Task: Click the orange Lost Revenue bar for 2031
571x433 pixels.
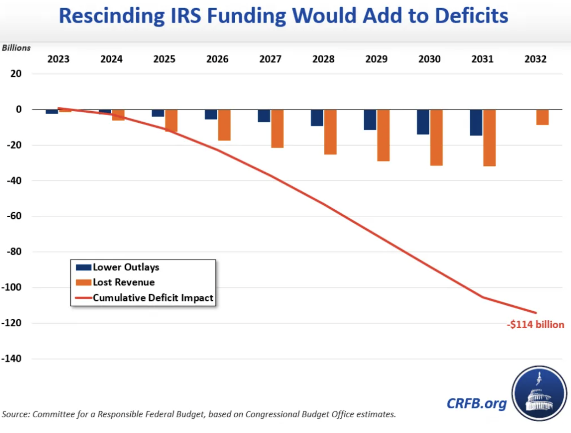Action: pyautogui.click(x=489, y=138)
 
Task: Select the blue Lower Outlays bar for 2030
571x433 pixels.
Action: pyautogui.click(x=423, y=122)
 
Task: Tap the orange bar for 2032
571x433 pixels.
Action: pyautogui.click(x=542, y=117)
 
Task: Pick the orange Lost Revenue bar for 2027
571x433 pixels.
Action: pyautogui.click(x=277, y=128)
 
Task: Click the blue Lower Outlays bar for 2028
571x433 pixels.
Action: pyautogui.click(x=317, y=118)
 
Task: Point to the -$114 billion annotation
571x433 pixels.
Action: pyautogui.click(x=535, y=325)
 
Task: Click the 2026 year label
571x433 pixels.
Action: pyautogui.click(x=217, y=59)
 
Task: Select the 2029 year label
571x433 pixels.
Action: pyautogui.click(x=377, y=59)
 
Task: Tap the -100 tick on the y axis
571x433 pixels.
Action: pyautogui.click(x=11, y=287)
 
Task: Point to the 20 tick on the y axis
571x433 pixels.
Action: pyautogui.click(x=16, y=74)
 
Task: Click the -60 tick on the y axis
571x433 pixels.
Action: pyautogui.click(x=14, y=216)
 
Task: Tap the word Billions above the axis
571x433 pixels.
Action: pyautogui.click(x=16, y=48)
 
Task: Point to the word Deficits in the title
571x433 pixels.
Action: pyautogui.click(x=471, y=16)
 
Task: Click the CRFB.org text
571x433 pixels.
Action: pyautogui.click(x=476, y=403)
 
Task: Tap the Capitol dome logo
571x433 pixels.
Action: pyautogui.click(x=539, y=393)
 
